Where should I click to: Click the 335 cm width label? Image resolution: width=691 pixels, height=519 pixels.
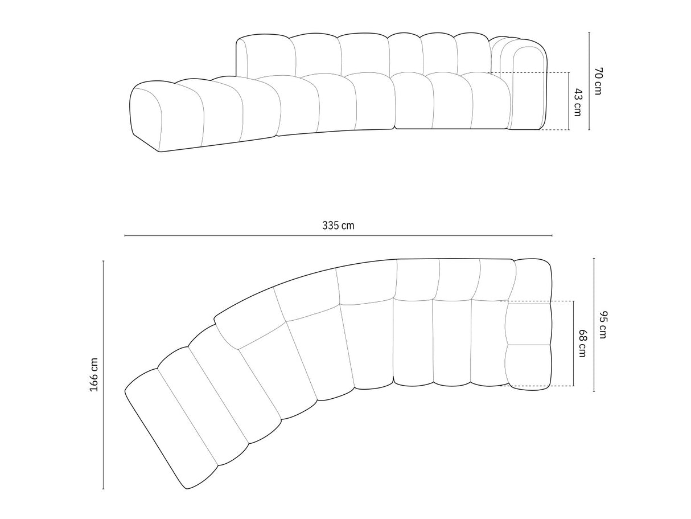pos(338,225)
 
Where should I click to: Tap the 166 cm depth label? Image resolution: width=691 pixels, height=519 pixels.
pos(94,374)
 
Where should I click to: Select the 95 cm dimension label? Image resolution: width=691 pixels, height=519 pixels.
pos(602,325)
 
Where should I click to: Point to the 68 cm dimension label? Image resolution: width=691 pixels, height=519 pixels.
pos(582,344)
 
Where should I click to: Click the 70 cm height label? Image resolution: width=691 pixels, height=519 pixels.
pos(597,81)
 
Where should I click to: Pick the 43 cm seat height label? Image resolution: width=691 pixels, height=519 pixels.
pos(577,102)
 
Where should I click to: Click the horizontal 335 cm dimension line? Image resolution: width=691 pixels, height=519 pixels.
pos(338,235)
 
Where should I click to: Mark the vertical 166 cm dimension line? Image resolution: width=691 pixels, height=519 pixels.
pos(104,374)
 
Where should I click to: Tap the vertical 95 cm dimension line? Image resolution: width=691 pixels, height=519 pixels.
pos(594,325)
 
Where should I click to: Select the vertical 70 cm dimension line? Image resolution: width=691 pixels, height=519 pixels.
pos(589,81)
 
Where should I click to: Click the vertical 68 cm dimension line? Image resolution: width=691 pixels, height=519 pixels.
pos(573,344)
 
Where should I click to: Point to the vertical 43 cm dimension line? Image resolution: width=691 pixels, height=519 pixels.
pos(569,101)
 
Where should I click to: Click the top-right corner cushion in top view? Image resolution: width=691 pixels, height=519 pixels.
pos(533,279)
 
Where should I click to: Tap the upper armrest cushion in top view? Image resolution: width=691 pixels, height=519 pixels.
pos(529,324)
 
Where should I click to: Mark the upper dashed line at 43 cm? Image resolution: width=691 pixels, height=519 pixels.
pos(529,73)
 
